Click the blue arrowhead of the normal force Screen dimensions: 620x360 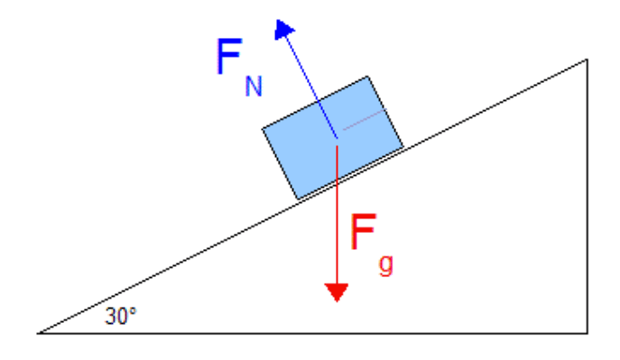(283, 29)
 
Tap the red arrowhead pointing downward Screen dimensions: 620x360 (337, 292)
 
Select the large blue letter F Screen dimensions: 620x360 (229, 56)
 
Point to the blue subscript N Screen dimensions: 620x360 (254, 86)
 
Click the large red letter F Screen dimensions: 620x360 (364, 232)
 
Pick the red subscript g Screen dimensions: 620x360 (386, 265)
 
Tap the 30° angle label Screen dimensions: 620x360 (121, 316)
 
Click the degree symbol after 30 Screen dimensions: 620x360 (133, 310)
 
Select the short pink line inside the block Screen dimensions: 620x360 (364, 120)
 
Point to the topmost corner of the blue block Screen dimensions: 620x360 (367, 77)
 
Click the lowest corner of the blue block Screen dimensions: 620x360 (298, 199)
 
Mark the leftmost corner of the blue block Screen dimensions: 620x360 (263, 128)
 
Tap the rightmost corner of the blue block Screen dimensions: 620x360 (403, 147)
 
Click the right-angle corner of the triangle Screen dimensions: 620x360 (588, 334)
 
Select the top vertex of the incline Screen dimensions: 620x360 (588, 60)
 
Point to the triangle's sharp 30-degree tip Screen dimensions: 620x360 (38, 334)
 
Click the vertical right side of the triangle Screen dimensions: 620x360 (588, 197)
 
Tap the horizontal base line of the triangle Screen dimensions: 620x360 (312, 334)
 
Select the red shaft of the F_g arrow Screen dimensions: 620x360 (337, 215)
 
